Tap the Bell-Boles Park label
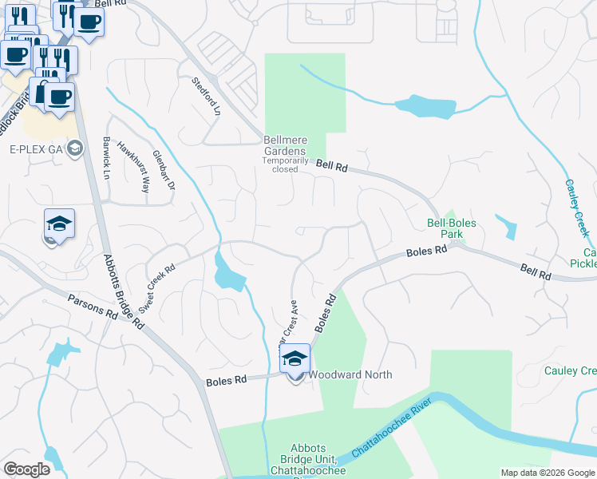(445, 229)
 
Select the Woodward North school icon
(295, 359)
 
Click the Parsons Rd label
(93, 307)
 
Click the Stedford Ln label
(205, 97)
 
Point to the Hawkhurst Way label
(134, 163)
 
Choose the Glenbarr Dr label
(163, 170)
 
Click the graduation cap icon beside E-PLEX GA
(76, 148)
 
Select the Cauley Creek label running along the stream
(577, 206)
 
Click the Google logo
(26, 469)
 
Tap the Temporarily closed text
(280, 169)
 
